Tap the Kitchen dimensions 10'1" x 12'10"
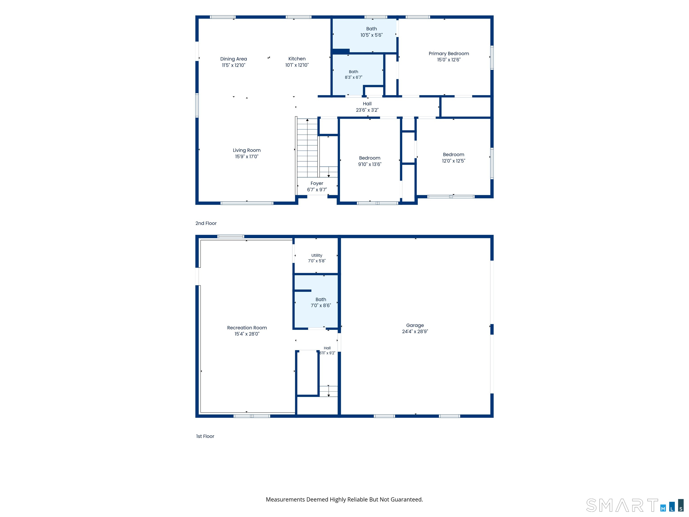point(297,65)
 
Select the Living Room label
point(247,150)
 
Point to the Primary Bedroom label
point(449,54)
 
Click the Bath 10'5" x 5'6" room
point(364,35)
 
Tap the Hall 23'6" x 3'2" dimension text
point(367,110)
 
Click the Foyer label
point(317,183)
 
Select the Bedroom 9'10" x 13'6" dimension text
point(369,164)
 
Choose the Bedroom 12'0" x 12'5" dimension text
point(454,161)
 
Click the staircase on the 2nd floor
point(307,148)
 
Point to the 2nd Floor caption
point(206,223)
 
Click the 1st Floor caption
point(205,436)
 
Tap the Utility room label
point(317,255)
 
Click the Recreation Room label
point(247,328)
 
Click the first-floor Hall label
point(327,348)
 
